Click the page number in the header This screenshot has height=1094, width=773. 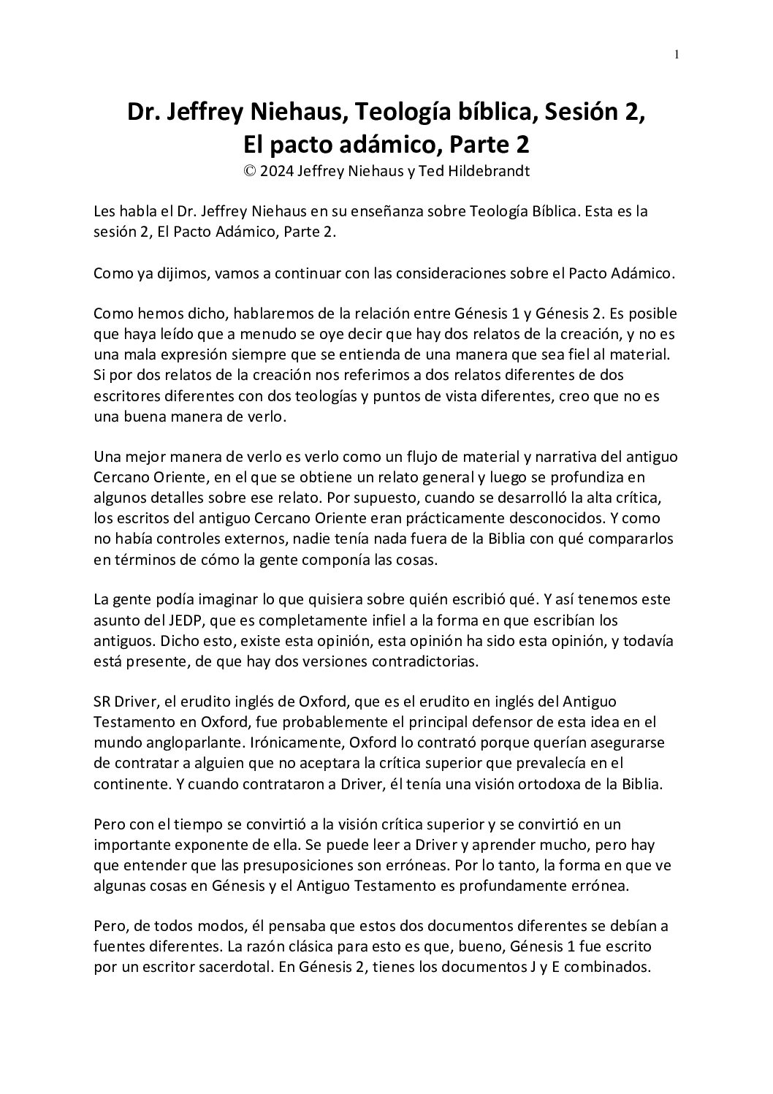(677, 54)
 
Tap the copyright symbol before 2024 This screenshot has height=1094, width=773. (250, 172)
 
